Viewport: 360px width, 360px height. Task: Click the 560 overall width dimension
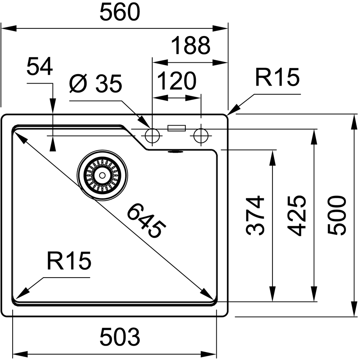tap(120, 12)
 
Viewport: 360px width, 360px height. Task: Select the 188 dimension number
tap(191, 45)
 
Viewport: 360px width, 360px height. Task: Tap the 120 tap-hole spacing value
tap(177, 81)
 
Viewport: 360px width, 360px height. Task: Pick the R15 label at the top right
tap(277, 77)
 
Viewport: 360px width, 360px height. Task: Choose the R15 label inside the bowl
tap(69, 261)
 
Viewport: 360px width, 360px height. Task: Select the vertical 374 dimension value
tap(255, 216)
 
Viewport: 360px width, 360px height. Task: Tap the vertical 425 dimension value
tap(296, 216)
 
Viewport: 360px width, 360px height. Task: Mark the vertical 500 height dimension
tap(337, 216)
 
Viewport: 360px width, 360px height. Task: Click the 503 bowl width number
tap(120, 337)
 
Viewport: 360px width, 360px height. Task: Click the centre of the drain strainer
tap(102, 176)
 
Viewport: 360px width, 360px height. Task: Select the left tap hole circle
tap(152, 136)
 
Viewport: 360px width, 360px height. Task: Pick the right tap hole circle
tap(201, 136)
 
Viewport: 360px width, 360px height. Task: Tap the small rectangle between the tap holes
tap(176, 128)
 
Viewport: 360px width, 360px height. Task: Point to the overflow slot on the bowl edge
tap(176, 152)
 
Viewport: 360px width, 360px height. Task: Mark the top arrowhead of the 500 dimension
tap(353, 122)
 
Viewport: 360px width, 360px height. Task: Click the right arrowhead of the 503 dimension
tap(209, 354)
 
